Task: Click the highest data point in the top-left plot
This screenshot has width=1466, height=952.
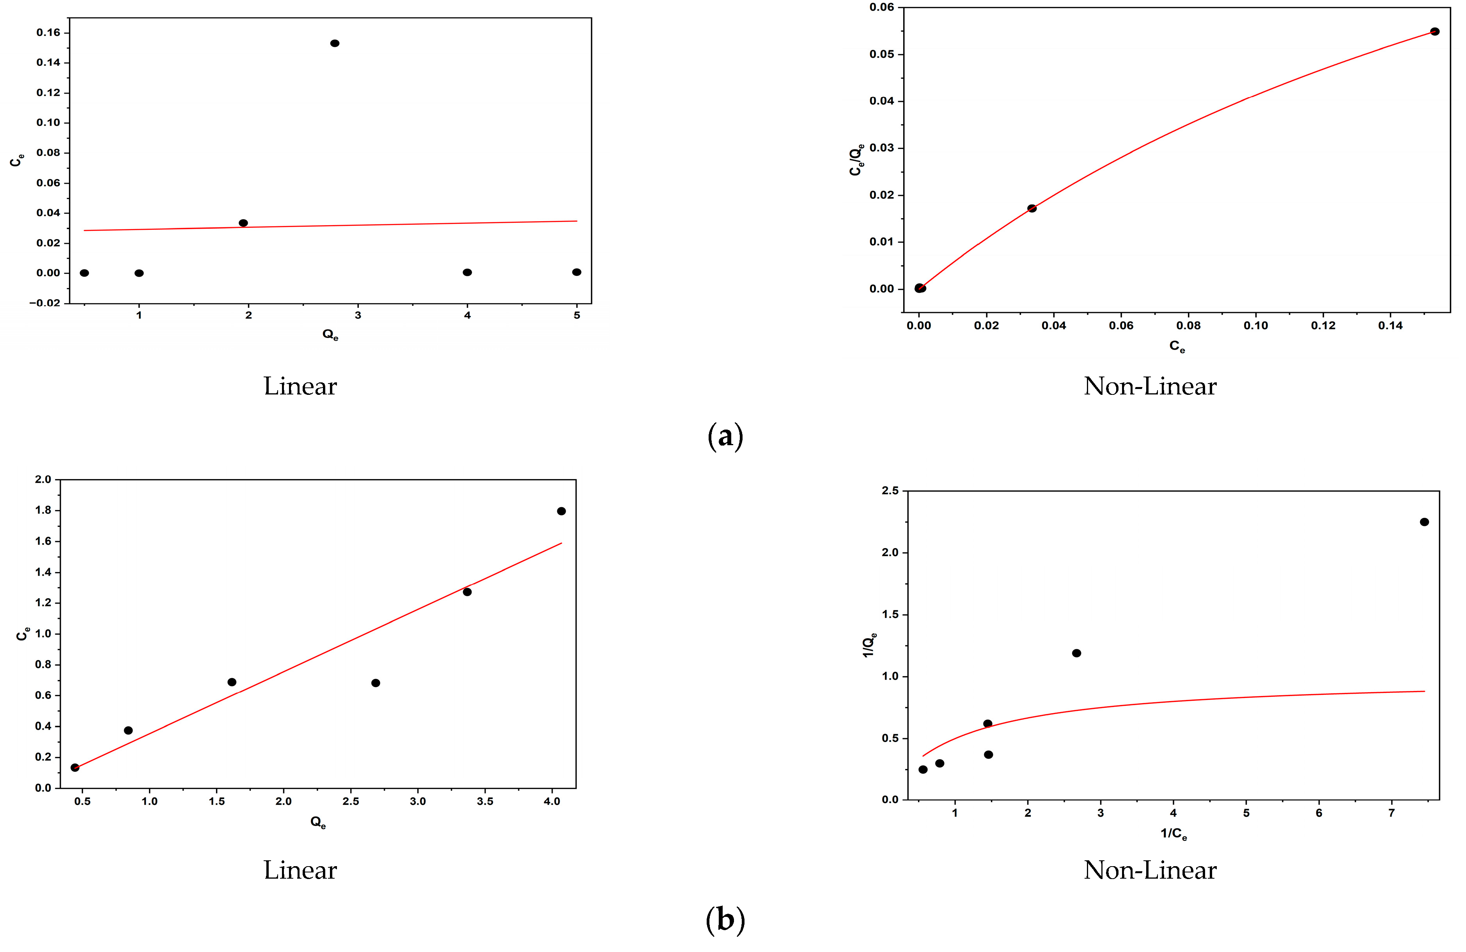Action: [335, 43]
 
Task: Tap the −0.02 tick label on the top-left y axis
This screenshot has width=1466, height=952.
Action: [45, 302]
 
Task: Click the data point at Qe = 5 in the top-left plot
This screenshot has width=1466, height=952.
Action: [576, 272]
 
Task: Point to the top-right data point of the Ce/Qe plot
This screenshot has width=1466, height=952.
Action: [1434, 32]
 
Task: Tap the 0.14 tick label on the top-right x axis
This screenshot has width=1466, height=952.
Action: [1390, 325]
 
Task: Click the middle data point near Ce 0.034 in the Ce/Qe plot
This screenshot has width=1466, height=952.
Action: [1032, 208]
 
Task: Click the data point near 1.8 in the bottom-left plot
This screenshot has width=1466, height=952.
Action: [561, 511]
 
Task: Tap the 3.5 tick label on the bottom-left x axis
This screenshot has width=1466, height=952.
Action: [485, 801]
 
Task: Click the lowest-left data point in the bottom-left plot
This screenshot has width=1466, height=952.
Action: [75, 767]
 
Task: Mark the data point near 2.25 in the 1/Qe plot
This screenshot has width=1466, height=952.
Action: [1424, 522]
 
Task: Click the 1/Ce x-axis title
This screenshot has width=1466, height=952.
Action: [1174, 834]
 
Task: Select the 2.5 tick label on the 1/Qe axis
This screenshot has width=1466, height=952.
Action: [890, 490]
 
